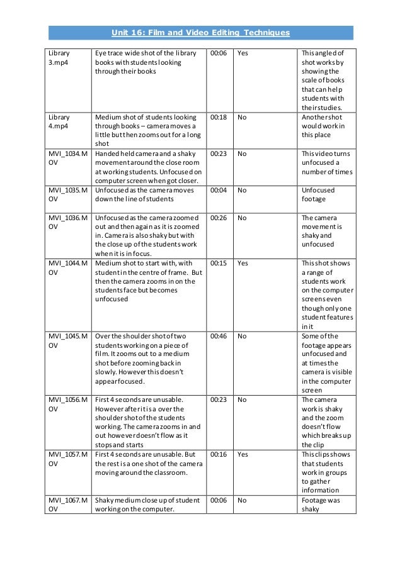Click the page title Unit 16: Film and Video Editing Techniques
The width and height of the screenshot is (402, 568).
coord(201,32)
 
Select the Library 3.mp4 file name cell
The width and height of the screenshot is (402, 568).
coord(59,58)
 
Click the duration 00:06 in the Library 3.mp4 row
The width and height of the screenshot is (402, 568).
coord(219,53)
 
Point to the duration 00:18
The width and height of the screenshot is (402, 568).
coord(219,118)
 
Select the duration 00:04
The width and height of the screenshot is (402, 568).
coord(219,191)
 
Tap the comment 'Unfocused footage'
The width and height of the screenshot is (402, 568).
coord(318,195)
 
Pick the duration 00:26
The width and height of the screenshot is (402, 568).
coord(219,218)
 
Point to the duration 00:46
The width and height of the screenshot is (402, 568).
coord(219,337)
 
